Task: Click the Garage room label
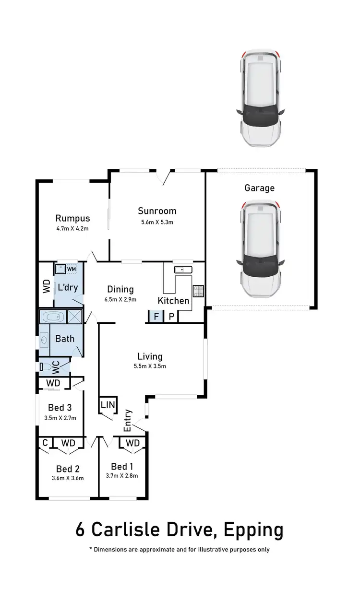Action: point(260,188)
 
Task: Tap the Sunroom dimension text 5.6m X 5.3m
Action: point(157,222)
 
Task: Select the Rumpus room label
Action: point(72,218)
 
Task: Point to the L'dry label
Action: point(68,288)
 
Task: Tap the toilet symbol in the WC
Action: point(46,367)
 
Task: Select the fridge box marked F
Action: point(155,317)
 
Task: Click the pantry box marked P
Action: point(170,317)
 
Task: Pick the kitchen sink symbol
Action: point(183,270)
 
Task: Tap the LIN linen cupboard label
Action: point(108,405)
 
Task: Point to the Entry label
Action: point(128,420)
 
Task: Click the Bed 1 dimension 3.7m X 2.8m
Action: point(122,476)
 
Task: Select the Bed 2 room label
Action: point(67,469)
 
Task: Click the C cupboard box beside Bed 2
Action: point(45,443)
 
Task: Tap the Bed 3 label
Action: point(60,408)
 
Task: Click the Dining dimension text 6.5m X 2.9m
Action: point(120,299)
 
